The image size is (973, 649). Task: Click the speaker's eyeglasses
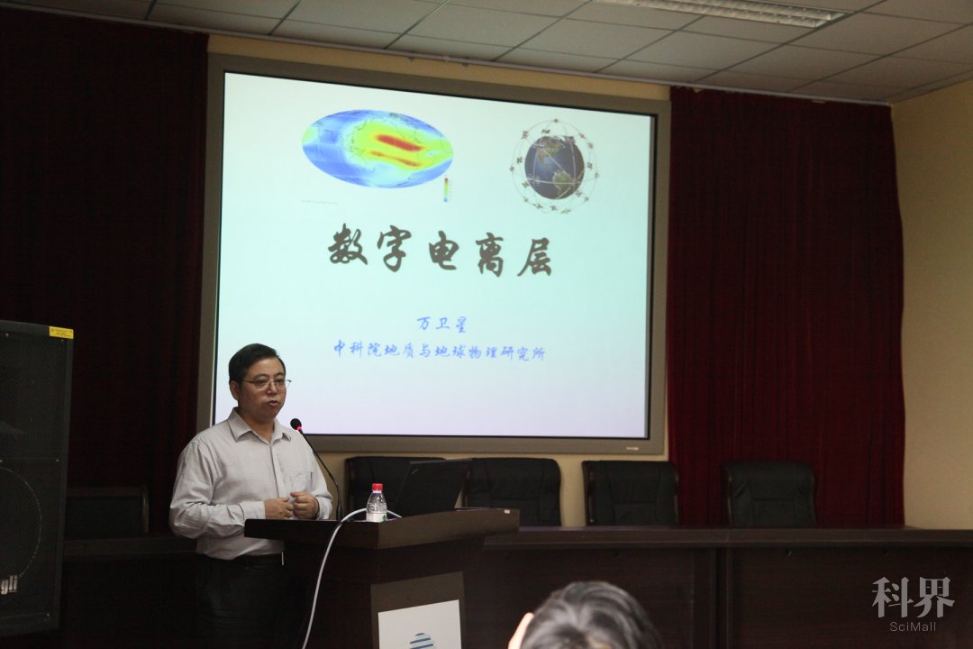(x=267, y=384)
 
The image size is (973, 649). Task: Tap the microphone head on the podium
(x=296, y=425)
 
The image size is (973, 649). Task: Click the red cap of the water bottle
(x=377, y=488)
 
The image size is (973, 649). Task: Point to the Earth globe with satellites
(x=554, y=166)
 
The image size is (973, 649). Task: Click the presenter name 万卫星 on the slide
(x=441, y=323)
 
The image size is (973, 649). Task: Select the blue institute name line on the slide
(x=440, y=351)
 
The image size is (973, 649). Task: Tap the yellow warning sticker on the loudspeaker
(x=61, y=333)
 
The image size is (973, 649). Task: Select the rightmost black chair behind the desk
(x=770, y=494)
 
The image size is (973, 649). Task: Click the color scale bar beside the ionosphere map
(x=446, y=189)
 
